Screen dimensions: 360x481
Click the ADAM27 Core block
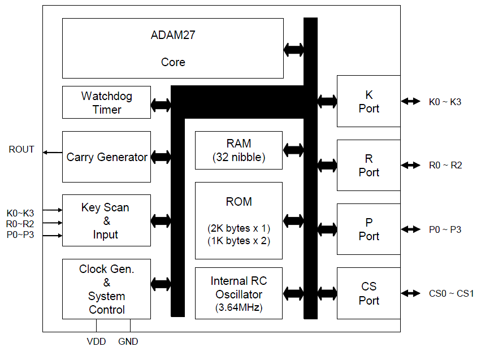172,48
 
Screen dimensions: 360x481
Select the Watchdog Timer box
106,102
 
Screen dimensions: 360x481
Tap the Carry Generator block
106,157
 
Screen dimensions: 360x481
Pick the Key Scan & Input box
106,220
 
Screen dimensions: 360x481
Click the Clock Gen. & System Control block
106,289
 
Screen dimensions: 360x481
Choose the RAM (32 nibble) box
239,150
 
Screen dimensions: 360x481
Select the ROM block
239,220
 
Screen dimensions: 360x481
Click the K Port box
369,101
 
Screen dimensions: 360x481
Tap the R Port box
369,165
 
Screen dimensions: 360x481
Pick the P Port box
369,229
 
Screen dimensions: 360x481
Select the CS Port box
369,293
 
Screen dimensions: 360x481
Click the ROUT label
21,150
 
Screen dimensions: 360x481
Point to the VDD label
96,342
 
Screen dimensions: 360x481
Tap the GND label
128,342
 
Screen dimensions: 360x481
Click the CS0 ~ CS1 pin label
451,293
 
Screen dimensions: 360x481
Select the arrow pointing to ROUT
53,153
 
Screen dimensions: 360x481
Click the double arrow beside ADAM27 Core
293,49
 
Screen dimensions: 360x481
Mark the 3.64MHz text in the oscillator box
239,307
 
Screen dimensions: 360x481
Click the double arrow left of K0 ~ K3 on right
411,101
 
